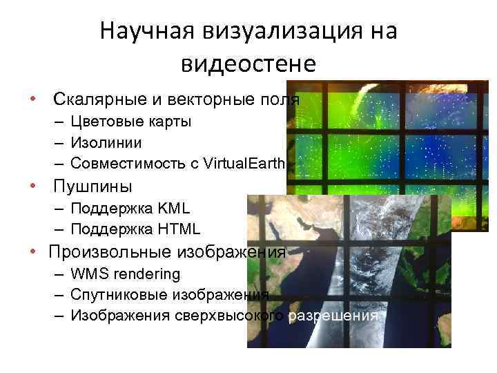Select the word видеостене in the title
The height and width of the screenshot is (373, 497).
[248, 63]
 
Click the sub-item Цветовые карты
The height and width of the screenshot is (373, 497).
[131, 122]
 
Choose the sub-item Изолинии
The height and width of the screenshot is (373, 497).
[106, 142]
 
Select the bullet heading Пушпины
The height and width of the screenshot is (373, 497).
[92, 186]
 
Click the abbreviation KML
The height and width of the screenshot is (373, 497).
[173, 208]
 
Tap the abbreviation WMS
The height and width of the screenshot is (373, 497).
[88, 274]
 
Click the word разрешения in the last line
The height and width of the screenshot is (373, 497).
[333, 316]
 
